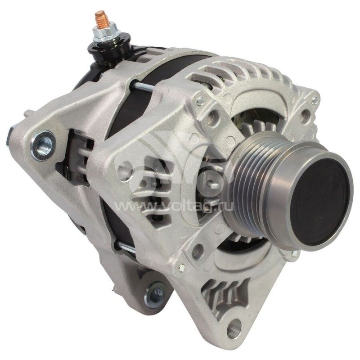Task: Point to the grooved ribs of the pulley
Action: point(248,184)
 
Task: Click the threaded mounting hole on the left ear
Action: point(43,145)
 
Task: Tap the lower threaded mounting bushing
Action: point(154,296)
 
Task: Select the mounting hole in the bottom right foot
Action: point(234,327)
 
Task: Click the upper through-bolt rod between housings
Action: point(142,86)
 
